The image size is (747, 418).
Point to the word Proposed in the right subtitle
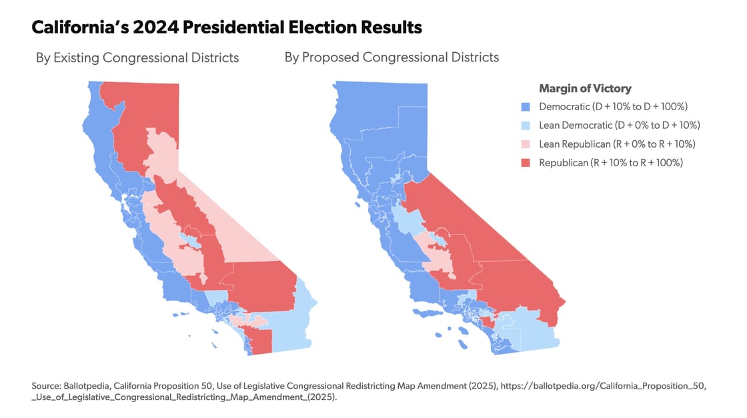330,57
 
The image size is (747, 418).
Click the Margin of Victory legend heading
585,88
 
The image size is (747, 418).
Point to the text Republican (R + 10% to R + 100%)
611,163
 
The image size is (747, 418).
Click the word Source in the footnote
44,387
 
